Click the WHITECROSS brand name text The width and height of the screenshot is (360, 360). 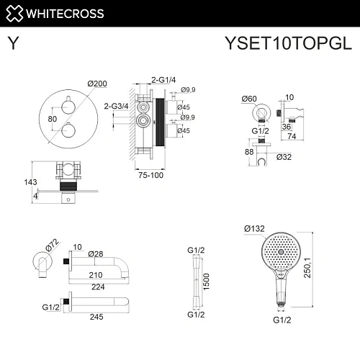pyautogui.click(x=66, y=12)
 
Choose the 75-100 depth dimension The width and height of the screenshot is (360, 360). pyautogui.click(x=152, y=174)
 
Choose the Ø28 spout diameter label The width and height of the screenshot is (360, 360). pyautogui.click(x=97, y=254)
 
